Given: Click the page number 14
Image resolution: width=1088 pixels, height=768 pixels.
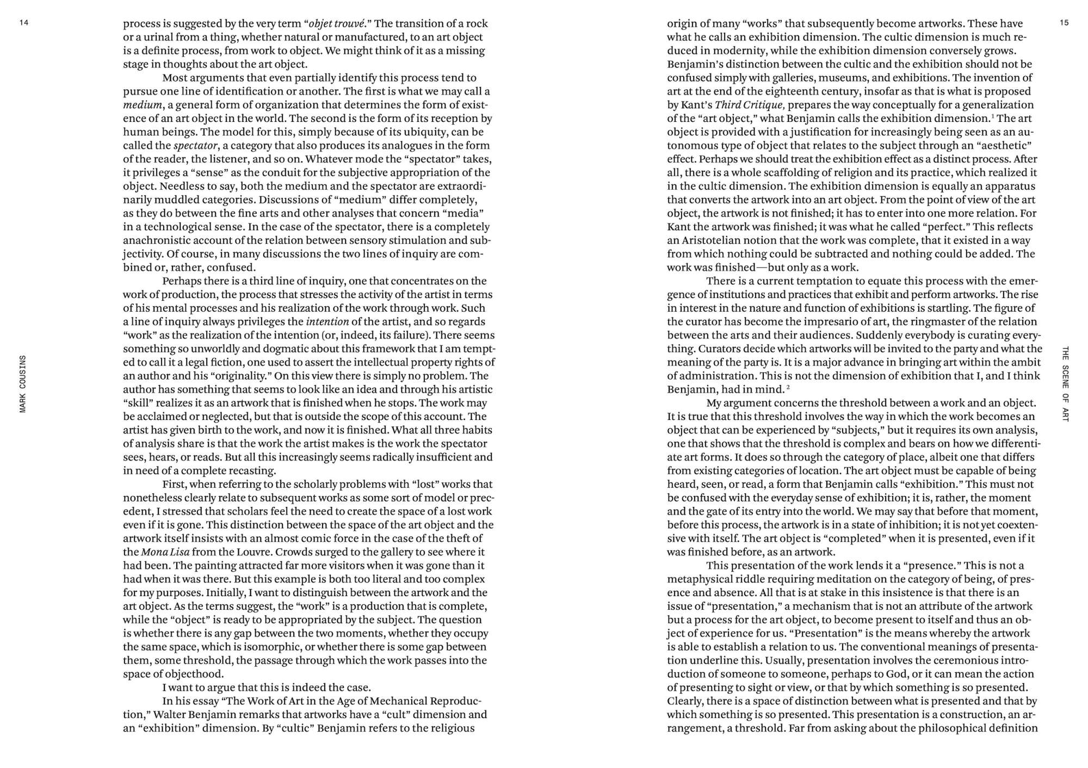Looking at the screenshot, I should click(x=23, y=23).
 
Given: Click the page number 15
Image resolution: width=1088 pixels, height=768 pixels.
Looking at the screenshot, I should click(x=1064, y=23).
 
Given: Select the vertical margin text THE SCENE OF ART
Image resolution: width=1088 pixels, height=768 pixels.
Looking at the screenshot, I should click(x=1065, y=383).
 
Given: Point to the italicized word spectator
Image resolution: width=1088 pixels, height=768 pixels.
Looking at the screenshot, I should click(x=195, y=146).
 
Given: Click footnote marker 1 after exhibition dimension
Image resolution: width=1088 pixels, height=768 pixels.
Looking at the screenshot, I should click(x=993, y=116).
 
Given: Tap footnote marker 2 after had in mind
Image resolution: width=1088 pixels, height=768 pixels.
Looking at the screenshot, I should click(x=788, y=387).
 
